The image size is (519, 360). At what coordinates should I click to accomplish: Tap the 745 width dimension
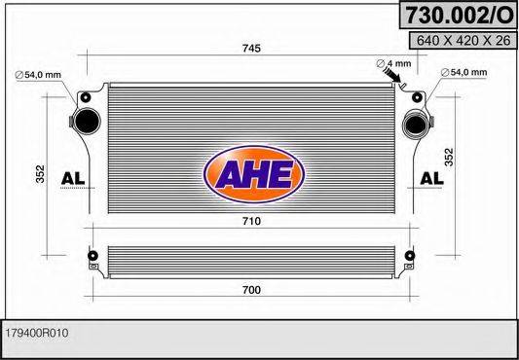tap(251, 49)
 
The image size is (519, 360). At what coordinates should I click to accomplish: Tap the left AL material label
tap(73, 177)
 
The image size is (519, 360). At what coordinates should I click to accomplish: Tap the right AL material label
tap(432, 177)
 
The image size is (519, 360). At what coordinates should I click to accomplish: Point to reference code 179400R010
tap(36, 333)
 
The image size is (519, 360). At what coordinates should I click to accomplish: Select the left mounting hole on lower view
tap(93, 258)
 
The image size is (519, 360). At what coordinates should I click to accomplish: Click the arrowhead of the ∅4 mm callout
tap(394, 87)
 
